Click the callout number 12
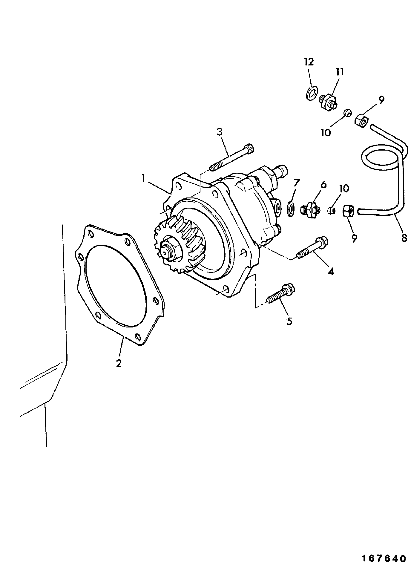[309, 62]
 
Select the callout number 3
[220, 132]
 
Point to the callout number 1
[144, 179]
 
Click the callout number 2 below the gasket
[119, 363]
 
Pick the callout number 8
[404, 238]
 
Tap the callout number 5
[289, 321]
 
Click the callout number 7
[296, 183]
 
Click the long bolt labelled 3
[232, 157]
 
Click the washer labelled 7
[290, 209]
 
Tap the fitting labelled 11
[329, 102]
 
